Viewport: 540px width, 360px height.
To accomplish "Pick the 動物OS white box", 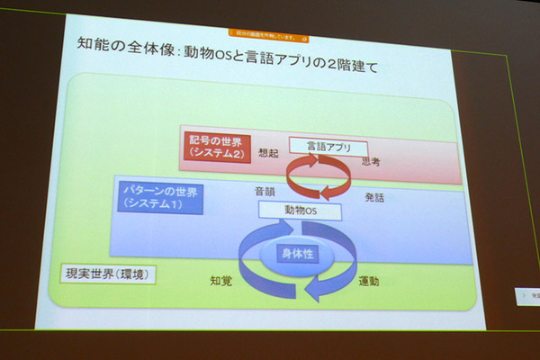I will click(301, 211).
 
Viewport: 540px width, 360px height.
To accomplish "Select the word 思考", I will click(371, 161).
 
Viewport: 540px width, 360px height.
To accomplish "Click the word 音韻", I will click(264, 191).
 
